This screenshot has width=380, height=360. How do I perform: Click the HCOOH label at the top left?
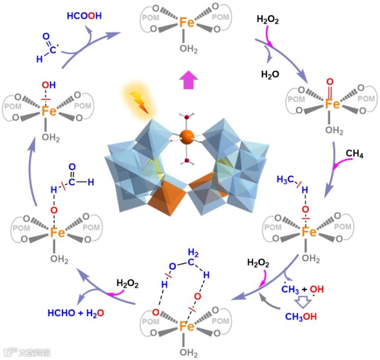(84, 15)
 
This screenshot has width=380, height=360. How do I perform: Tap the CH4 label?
(355, 153)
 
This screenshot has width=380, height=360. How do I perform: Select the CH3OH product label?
(301, 317)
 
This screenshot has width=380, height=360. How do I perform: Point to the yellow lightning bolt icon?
(138, 100)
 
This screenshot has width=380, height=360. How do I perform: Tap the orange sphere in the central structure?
(187, 136)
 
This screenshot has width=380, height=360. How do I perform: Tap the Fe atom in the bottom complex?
(187, 325)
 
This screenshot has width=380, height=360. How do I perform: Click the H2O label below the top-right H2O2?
(270, 74)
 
